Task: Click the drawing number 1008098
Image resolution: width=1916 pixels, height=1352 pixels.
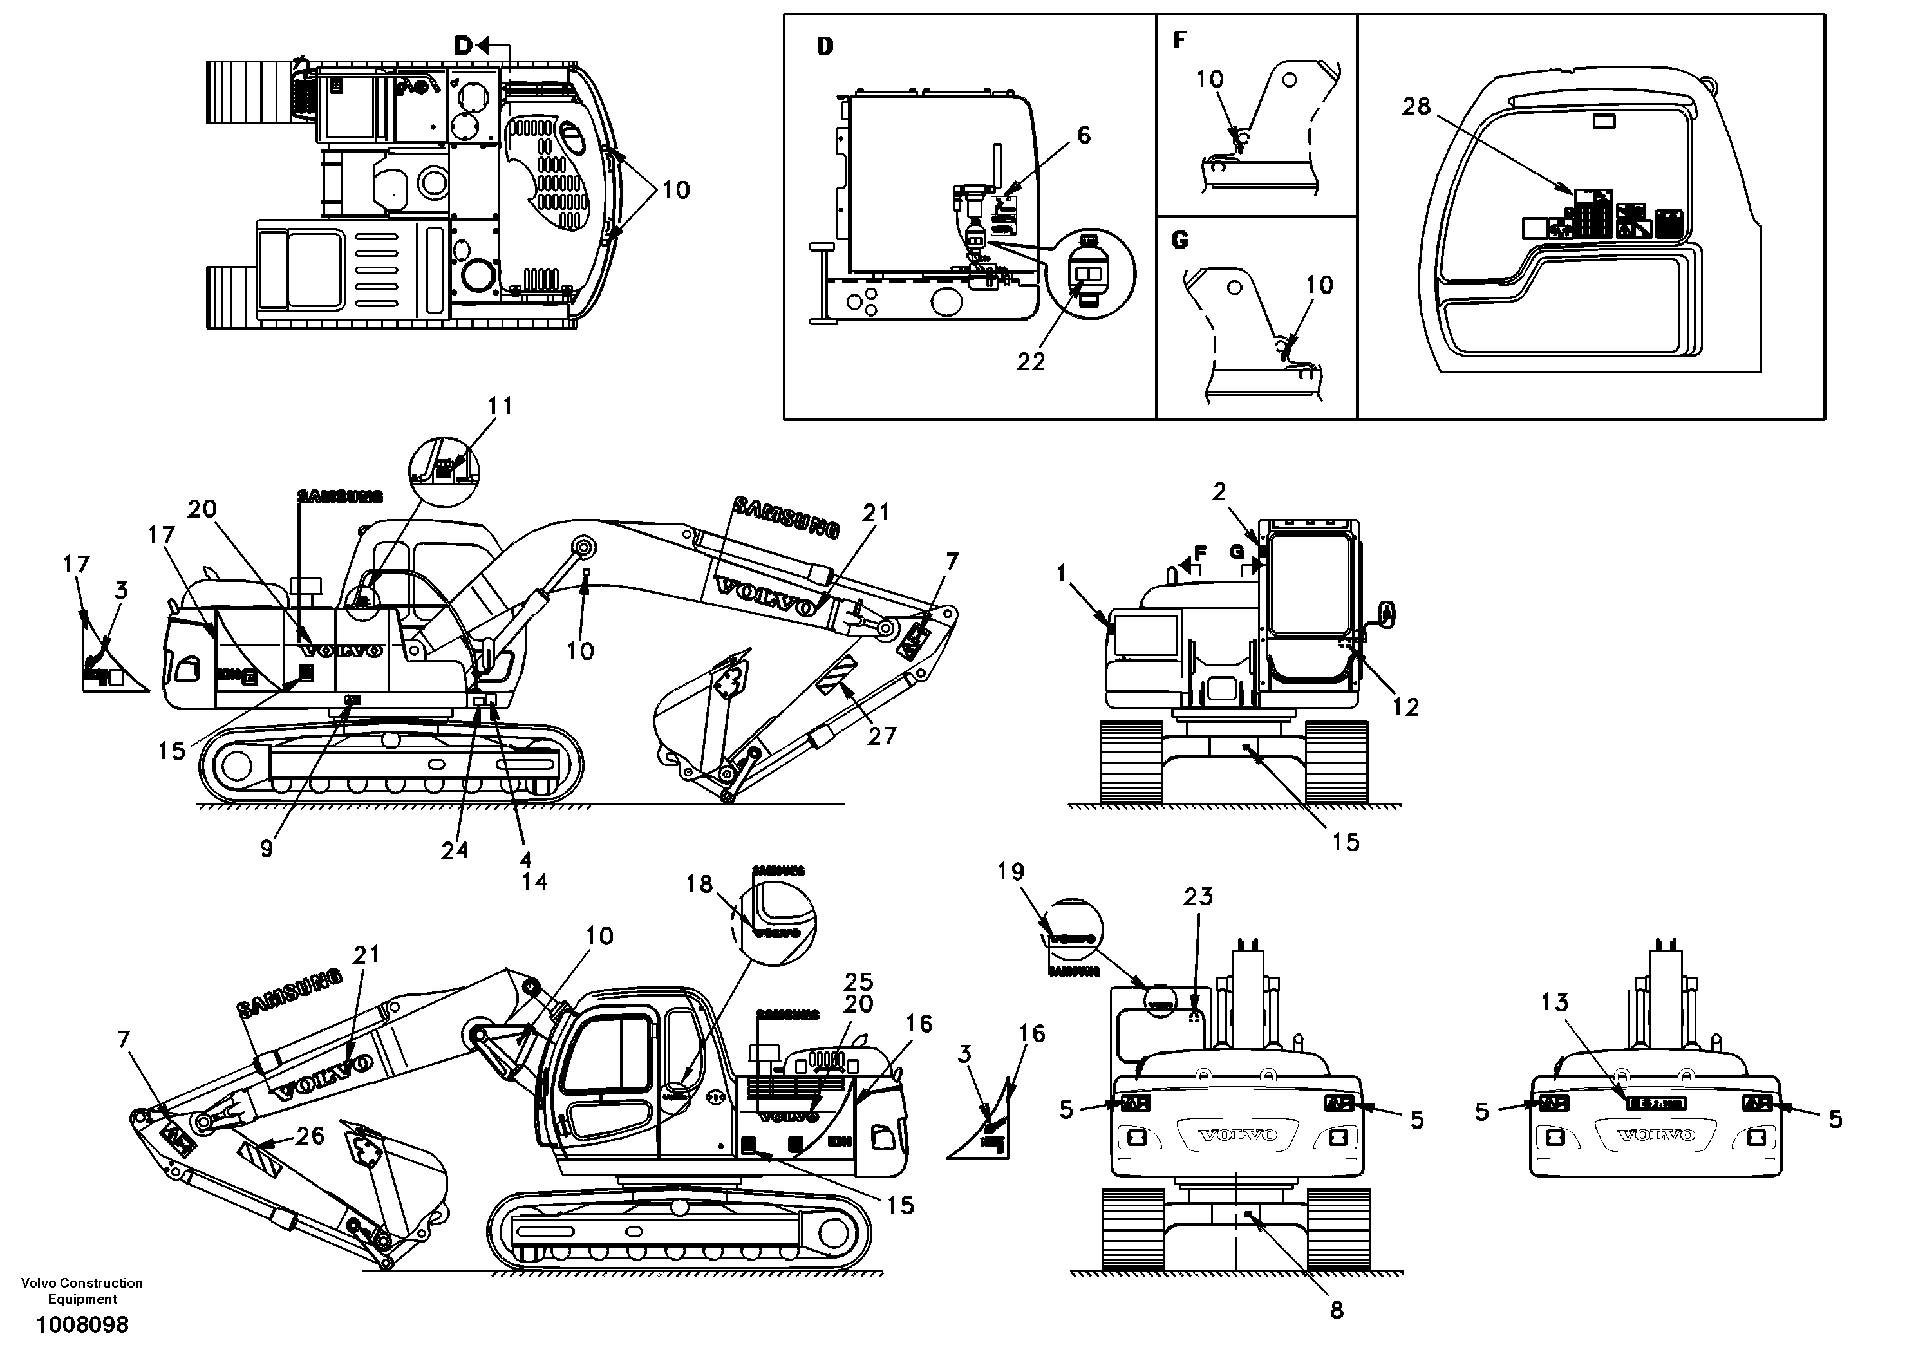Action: pos(82,1324)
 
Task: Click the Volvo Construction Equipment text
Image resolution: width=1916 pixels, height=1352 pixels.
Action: pos(82,1290)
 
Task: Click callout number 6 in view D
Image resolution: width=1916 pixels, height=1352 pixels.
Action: pos(1083,135)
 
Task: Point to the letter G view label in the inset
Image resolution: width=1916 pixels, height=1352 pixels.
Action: pos(1179,240)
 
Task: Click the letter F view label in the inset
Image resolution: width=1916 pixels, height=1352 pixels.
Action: pos(1178,39)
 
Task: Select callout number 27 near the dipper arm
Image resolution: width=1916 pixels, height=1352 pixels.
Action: pos(881,735)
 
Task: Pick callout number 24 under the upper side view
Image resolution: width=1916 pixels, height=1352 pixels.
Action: pos(454,850)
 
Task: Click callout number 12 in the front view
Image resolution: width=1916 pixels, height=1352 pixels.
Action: pos(1405,707)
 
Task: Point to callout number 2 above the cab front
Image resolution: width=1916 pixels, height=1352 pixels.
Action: pos(1219,492)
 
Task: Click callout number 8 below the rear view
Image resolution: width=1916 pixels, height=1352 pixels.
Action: pos(1337,1310)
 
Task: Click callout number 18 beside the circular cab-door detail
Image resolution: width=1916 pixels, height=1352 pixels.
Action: pos(699,884)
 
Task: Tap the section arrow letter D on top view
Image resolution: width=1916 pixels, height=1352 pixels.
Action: pos(463,47)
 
